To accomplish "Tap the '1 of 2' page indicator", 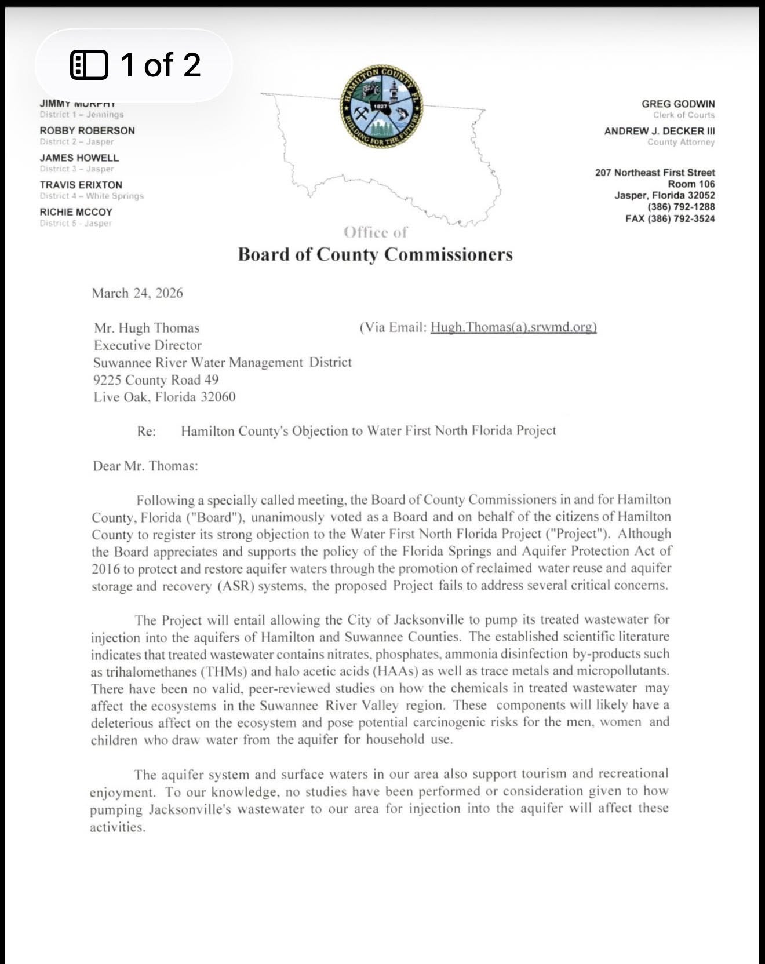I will pyautogui.click(x=135, y=64).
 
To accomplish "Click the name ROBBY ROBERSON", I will pyautogui.click(x=87, y=130).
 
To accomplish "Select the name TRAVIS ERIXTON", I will pyautogui.click(x=81, y=185).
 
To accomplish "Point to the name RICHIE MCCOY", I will pyautogui.click(x=76, y=212).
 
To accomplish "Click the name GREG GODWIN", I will pyautogui.click(x=677, y=104).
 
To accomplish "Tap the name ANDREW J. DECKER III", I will pyautogui.click(x=659, y=131).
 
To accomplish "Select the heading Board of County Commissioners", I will pyautogui.click(x=375, y=254).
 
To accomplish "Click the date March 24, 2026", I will pyautogui.click(x=137, y=293).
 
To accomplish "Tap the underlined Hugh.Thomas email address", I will pyautogui.click(x=513, y=327).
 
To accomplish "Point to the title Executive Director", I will pyautogui.click(x=147, y=345).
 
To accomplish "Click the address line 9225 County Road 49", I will pyautogui.click(x=156, y=380).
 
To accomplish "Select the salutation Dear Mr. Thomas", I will pyautogui.click(x=145, y=466).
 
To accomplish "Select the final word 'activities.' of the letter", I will pyautogui.click(x=117, y=827).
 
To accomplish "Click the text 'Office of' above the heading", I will pyautogui.click(x=375, y=232).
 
